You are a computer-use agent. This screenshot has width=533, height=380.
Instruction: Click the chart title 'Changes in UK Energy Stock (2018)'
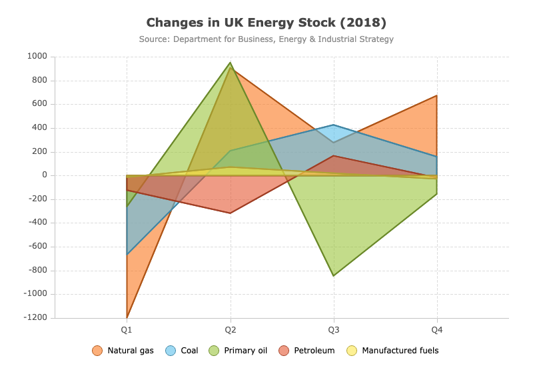coord(266,23)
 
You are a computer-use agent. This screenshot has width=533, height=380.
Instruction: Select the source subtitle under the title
coord(266,39)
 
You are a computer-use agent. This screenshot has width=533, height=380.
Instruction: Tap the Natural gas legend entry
coord(123,351)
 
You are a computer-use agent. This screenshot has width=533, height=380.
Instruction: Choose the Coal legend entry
coord(181,351)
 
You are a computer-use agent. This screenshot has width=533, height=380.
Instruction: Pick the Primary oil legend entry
coord(238,351)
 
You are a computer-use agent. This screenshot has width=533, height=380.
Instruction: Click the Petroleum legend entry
coord(306,351)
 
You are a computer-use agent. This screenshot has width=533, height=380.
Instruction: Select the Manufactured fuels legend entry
coord(392,351)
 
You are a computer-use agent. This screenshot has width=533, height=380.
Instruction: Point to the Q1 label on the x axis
coord(127,329)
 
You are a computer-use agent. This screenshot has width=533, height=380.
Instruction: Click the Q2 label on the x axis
coord(231,329)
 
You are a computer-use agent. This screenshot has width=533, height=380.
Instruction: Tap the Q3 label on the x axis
coord(334,329)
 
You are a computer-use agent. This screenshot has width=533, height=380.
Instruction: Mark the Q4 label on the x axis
coord(437,329)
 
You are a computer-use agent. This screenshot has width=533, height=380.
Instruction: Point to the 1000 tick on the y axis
coord(37,56)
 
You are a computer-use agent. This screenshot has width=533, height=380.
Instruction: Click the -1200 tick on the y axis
coord(35,317)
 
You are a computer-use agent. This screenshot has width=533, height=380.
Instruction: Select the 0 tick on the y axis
coord(45,175)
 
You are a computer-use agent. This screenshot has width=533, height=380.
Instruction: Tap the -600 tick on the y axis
coord(38,246)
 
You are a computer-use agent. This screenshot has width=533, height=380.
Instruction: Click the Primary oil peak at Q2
coord(231,63)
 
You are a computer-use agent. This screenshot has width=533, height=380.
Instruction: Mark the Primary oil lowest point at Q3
coord(334,276)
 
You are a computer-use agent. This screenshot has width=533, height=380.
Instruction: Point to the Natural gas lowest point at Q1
coord(127,317)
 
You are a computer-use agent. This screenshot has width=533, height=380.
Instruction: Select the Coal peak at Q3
coord(334,125)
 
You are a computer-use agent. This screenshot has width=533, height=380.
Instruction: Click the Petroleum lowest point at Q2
coord(231,213)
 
